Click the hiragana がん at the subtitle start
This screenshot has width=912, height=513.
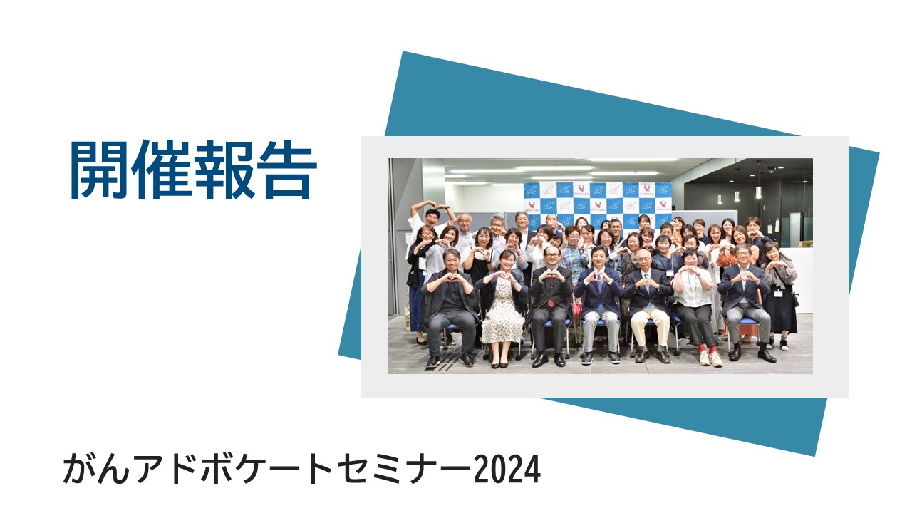[95, 469]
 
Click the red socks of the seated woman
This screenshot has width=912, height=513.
[706, 349]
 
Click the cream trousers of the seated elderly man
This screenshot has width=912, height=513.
[650, 326]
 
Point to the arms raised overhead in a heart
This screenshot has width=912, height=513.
[432, 211]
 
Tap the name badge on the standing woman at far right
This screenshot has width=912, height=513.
[777, 293]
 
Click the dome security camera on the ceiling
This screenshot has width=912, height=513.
[771, 170]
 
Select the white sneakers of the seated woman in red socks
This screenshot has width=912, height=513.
[711, 358]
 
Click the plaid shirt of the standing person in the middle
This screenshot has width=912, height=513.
[574, 261]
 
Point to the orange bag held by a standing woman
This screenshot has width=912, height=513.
[727, 259]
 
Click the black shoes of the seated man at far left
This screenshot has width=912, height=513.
[450, 361]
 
